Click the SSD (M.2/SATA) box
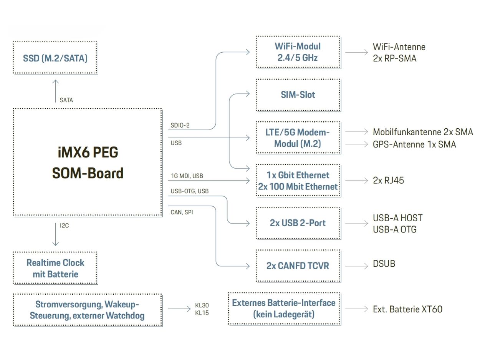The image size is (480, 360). click(x=55, y=58)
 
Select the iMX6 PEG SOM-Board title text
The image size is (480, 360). click(x=88, y=163)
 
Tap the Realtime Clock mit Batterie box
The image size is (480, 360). click(x=55, y=269)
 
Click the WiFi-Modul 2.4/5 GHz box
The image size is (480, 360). click(x=298, y=52)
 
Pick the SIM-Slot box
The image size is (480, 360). click(x=298, y=95)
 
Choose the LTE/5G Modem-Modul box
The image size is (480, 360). click(x=298, y=138)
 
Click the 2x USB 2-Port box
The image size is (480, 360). click(x=298, y=223)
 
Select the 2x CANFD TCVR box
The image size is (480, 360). click(x=298, y=266)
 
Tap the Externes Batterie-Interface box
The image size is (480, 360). click(x=284, y=309)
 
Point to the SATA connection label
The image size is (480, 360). click(x=66, y=100)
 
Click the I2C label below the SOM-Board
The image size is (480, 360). click(x=64, y=226)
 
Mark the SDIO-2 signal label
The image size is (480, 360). click(x=180, y=125)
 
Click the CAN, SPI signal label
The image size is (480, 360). click(x=182, y=212)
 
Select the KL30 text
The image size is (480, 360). click(x=202, y=305)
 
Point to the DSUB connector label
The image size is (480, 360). click(x=384, y=264)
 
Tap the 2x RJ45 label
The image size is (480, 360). click(x=388, y=180)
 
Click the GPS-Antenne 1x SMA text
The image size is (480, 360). click(x=414, y=144)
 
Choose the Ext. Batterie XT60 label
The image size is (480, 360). click(x=407, y=309)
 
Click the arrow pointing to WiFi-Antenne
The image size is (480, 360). click(x=357, y=52)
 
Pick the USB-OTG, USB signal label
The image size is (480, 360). click(x=190, y=191)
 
